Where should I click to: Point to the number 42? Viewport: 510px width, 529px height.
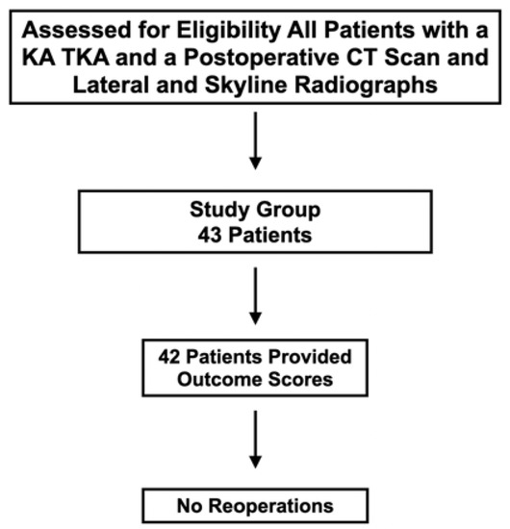tap(169, 357)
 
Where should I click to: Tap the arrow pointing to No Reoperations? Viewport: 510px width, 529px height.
tap(256, 440)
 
